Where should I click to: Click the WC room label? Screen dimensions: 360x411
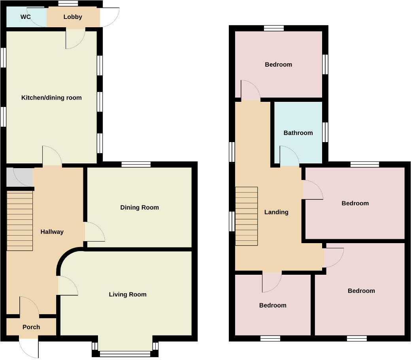(x=26, y=17)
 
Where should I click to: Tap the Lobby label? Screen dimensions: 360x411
(x=73, y=17)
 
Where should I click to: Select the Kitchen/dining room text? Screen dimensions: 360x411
(x=51, y=97)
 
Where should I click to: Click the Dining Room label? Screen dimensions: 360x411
(x=140, y=207)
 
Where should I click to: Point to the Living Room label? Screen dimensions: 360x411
(x=128, y=294)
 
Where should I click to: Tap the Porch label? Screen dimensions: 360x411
(x=31, y=327)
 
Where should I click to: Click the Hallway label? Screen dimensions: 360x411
(x=52, y=232)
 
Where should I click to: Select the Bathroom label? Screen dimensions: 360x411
(x=298, y=133)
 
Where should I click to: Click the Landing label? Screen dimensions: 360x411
(x=276, y=212)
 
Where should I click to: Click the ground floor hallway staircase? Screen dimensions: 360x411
(x=20, y=221)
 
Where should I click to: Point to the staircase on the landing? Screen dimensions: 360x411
(x=246, y=216)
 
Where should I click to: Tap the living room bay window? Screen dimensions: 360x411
(x=125, y=353)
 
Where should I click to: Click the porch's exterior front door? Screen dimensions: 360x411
(x=30, y=347)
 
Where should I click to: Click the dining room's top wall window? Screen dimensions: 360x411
(x=136, y=165)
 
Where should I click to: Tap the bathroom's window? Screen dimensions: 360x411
(x=325, y=132)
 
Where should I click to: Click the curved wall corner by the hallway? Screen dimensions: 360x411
(x=67, y=257)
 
